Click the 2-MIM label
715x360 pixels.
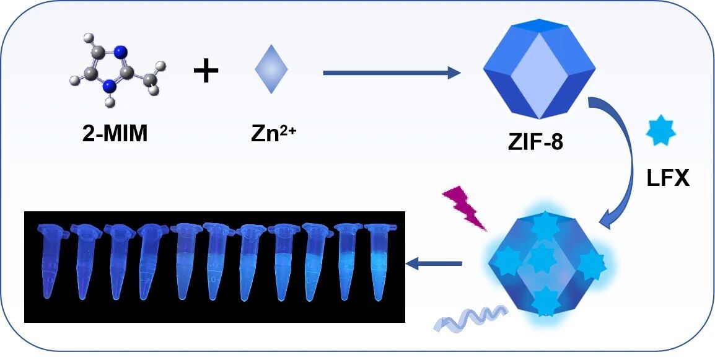click(115, 134)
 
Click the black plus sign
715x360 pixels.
click(206, 71)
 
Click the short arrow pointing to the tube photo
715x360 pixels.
click(434, 265)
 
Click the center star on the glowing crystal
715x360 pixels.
click(541, 257)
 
